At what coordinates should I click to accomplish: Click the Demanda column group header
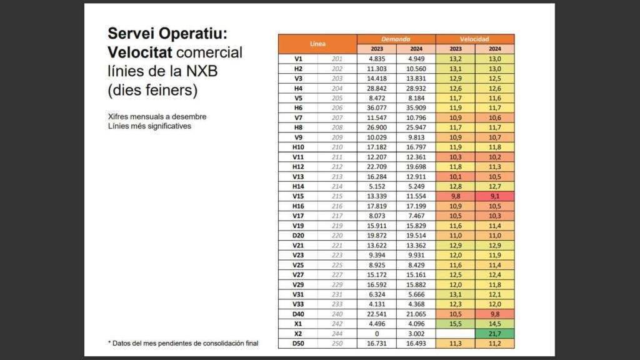pyautogui.click(x=396, y=39)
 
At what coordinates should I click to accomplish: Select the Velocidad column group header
pyautogui.click(x=475, y=39)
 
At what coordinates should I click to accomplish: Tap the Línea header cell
pyautogui.click(x=317, y=44)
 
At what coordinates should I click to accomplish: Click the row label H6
pyautogui.click(x=298, y=107)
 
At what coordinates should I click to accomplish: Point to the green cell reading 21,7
pyautogui.click(x=494, y=334)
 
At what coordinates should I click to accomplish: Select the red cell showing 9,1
pyautogui.click(x=494, y=196)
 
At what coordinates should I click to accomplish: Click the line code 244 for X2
pyautogui.click(x=337, y=334)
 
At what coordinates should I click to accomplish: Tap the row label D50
pyautogui.click(x=298, y=344)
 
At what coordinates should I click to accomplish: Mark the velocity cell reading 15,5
pyautogui.click(x=455, y=324)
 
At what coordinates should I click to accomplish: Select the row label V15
pyautogui.click(x=298, y=196)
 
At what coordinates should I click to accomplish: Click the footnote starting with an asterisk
pyautogui.click(x=182, y=343)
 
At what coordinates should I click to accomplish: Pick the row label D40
pyautogui.click(x=298, y=314)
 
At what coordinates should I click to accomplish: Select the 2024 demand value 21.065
pyautogui.click(x=416, y=314)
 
